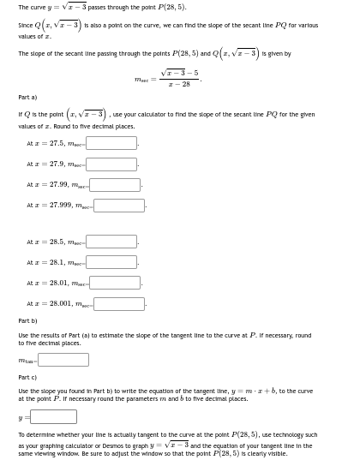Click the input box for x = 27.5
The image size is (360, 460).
coord(111,144)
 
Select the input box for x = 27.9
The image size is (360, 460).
coord(111,164)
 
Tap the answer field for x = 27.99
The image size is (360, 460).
coord(115,185)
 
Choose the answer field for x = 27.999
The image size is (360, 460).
coord(118,206)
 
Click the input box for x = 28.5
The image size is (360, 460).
coord(111,242)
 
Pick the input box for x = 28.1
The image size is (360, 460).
coord(111,262)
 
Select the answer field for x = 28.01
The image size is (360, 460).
coord(115,283)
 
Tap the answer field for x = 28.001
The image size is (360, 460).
coord(118,303)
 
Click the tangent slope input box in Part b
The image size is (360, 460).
coord(63,360)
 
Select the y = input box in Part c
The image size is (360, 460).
coord(53,416)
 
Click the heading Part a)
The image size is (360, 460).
coord(27,97)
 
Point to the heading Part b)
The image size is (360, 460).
coord(27,321)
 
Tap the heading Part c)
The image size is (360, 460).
coord(27,378)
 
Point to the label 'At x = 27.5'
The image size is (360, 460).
coord(45,144)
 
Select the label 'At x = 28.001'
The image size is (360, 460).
coord(48,303)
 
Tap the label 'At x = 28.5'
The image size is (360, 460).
coord(45,242)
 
